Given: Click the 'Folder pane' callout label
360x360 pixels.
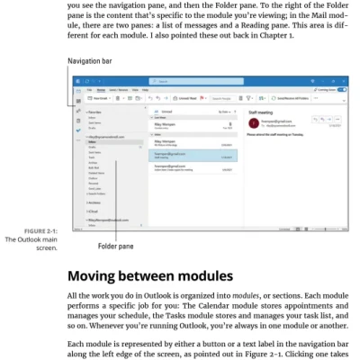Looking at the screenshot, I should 114,246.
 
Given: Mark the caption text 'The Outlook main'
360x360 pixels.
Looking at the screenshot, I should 32,239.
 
